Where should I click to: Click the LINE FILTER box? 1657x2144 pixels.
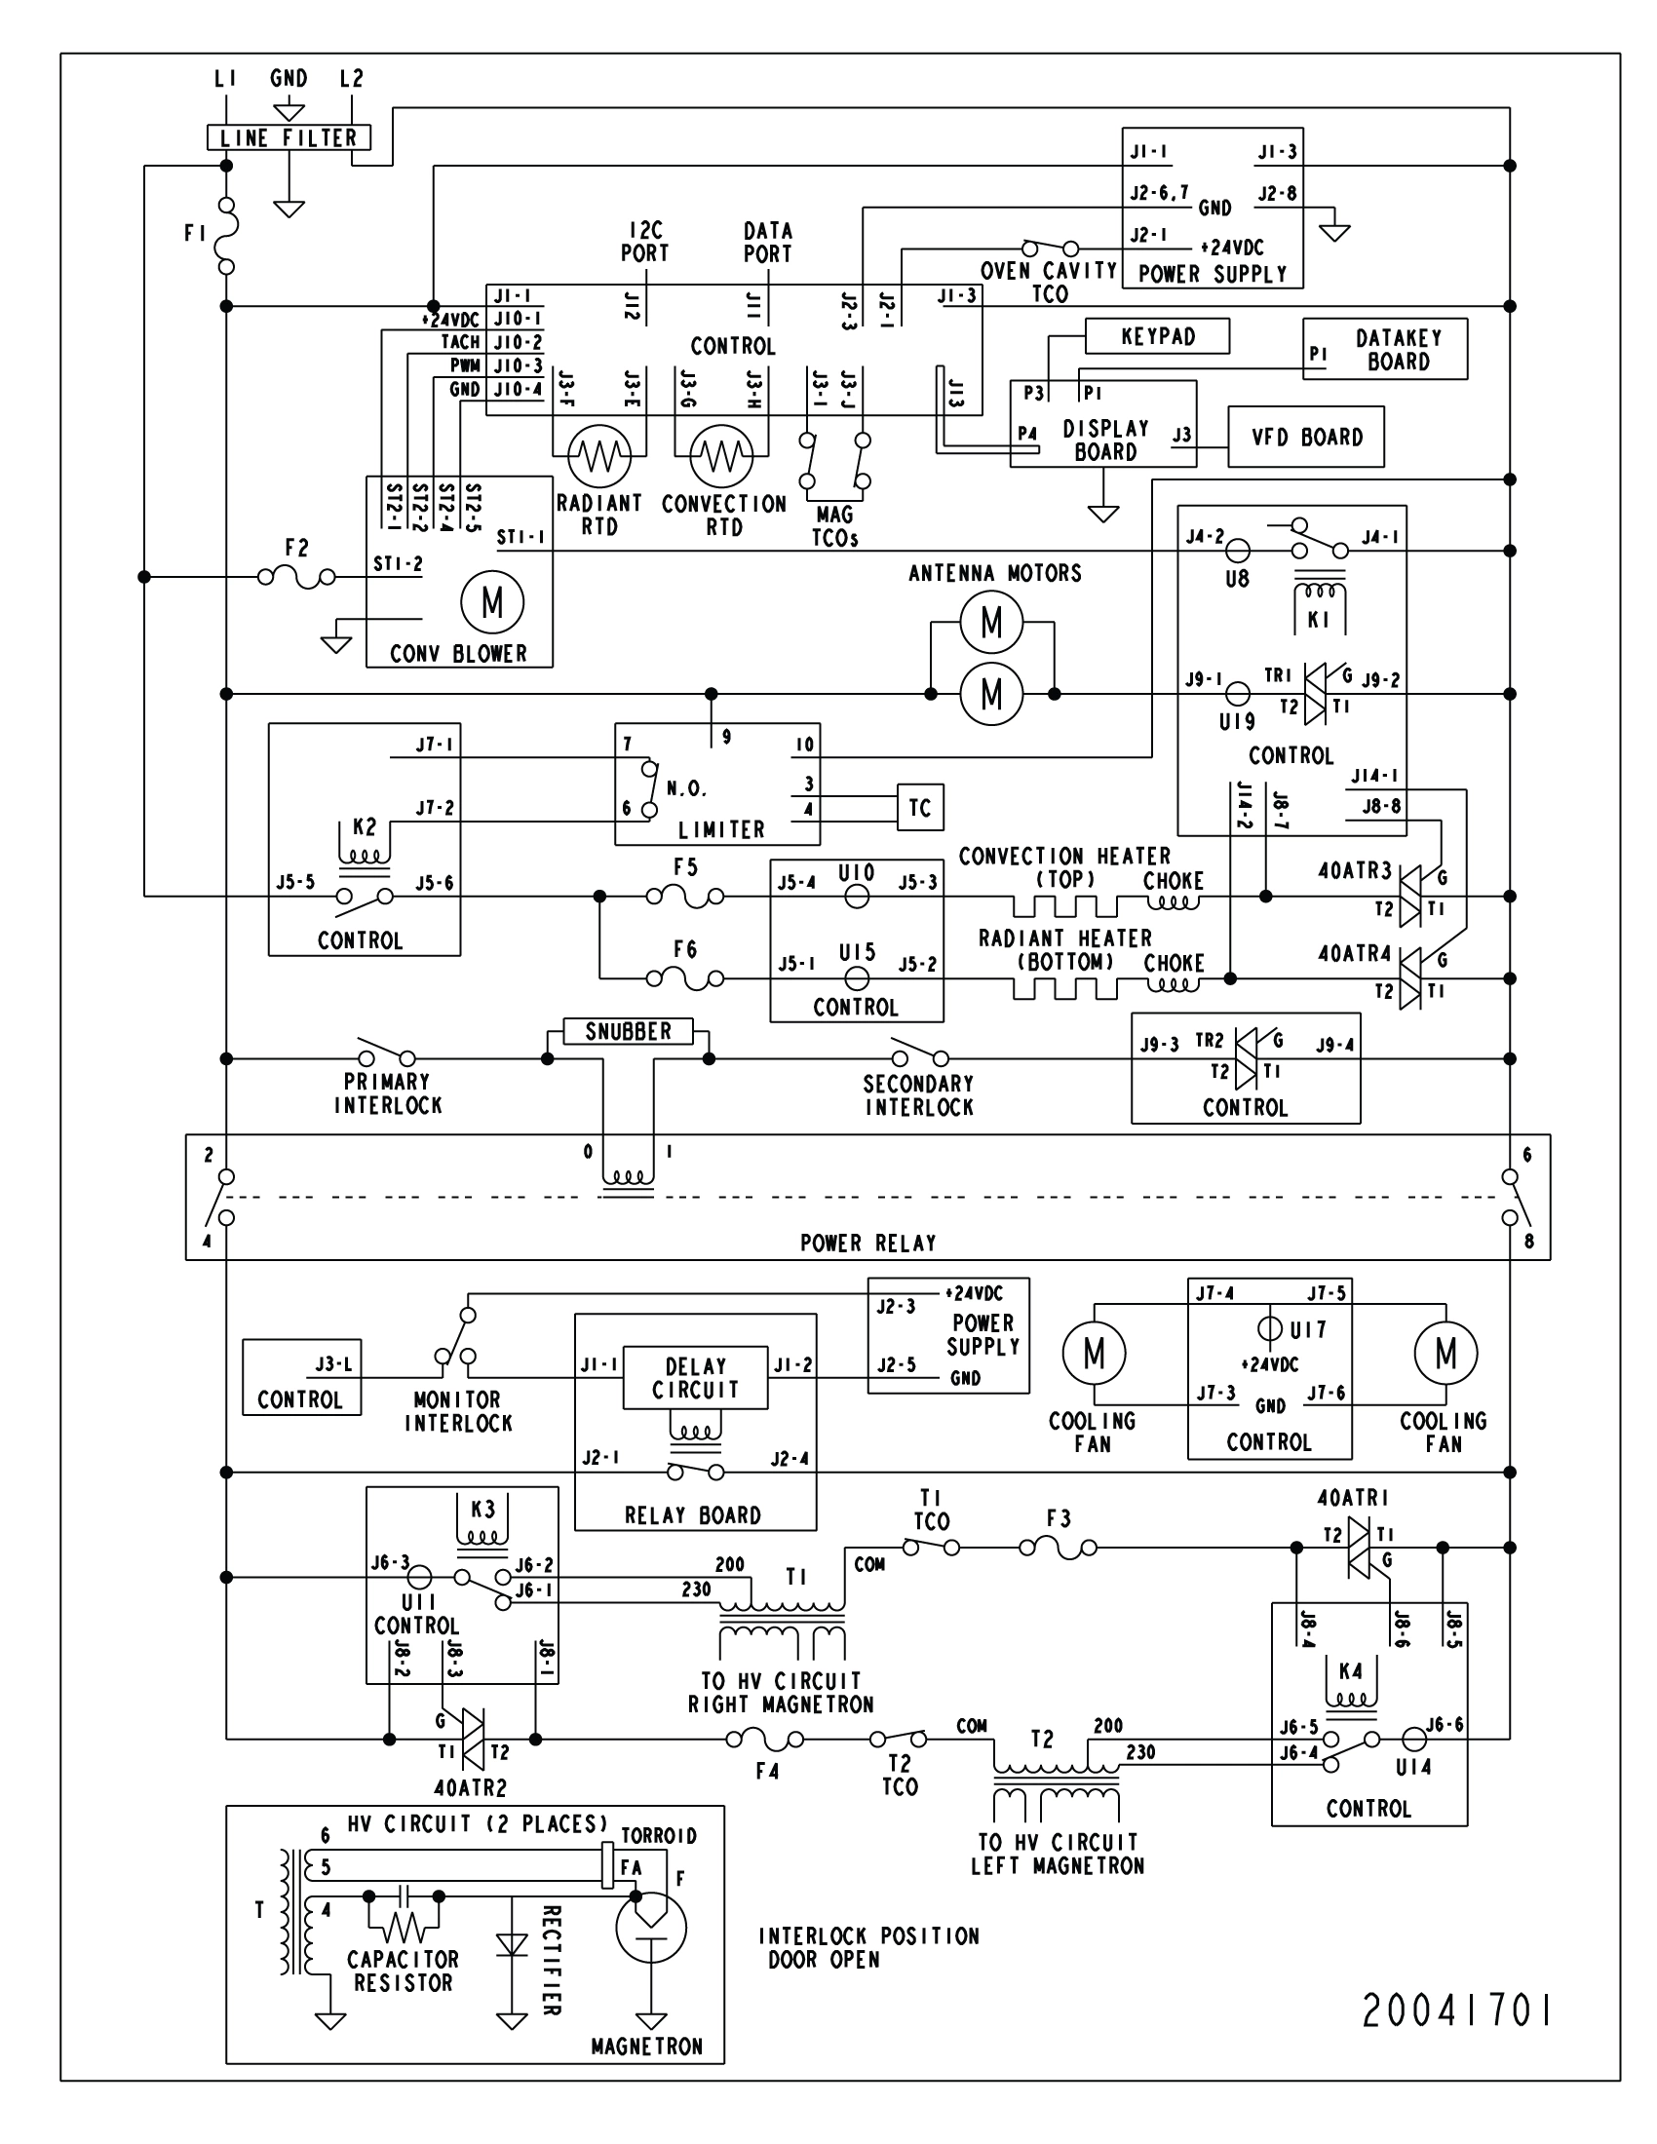(x=289, y=138)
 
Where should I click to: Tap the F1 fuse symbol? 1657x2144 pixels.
(x=227, y=236)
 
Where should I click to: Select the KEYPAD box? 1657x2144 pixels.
(x=1157, y=337)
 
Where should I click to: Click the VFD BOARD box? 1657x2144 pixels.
(x=1305, y=437)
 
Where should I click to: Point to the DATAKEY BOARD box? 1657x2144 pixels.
(x=1384, y=349)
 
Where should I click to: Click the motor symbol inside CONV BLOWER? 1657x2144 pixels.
(x=492, y=601)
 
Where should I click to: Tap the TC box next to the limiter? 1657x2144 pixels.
(x=919, y=807)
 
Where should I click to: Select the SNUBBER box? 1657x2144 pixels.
(x=629, y=1032)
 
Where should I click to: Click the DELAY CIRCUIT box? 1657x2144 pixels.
(x=695, y=1377)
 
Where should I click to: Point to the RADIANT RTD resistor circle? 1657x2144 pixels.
(x=598, y=455)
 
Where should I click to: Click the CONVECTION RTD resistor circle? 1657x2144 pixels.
(x=721, y=455)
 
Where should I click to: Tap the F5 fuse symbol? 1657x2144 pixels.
(x=685, y=895)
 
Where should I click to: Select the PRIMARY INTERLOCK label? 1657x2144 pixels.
(x=388, y=1093)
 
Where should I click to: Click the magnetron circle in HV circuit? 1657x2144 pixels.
(x=651, y=1927)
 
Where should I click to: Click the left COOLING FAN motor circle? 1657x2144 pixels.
(x=1094, y=1353)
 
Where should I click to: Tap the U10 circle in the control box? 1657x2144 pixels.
(x=856, y=896)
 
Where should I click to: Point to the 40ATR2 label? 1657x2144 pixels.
(x=470, y=1787)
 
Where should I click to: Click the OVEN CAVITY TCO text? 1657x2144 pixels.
(x=1049, y=282)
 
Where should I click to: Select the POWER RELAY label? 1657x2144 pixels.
(x=867, y=1243)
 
